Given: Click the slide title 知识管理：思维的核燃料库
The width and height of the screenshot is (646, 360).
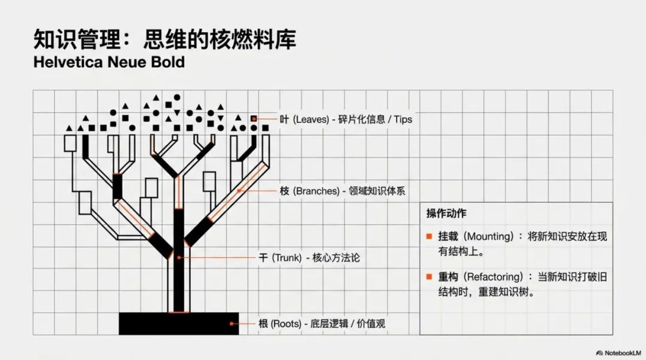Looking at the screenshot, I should point(164,39).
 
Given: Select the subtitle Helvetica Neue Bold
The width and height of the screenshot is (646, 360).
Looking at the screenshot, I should point(109,62).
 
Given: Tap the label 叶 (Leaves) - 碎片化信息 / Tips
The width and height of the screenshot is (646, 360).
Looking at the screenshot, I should point(346,119).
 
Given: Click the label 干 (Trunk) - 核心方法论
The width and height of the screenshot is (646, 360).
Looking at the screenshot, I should point(309,258).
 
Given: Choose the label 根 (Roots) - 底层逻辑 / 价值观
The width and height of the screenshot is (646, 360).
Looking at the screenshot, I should point(321,324).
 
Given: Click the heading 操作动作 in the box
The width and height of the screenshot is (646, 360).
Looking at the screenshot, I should point(446,213).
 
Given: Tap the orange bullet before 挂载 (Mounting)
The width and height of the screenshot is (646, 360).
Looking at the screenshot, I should point(429,236).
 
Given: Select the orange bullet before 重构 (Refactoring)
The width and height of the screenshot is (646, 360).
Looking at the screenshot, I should point(429,277).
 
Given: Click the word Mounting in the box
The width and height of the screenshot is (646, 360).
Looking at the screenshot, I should point(488,236).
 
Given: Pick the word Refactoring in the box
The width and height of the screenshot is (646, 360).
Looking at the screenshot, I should point(495,277).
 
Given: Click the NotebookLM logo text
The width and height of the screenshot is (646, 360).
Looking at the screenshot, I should point(622,352).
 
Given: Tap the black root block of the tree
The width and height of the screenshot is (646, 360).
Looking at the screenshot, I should point(179,323).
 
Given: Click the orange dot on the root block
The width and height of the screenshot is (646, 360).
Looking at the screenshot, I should point(231,324).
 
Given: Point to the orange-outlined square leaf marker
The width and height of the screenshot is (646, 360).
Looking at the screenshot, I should point(254,119).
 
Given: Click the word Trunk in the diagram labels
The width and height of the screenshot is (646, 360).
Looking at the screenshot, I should point(288,258).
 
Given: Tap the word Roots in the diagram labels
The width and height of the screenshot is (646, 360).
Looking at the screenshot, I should point(287,324).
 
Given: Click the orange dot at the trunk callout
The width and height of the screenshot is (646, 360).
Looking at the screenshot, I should point(177,258).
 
